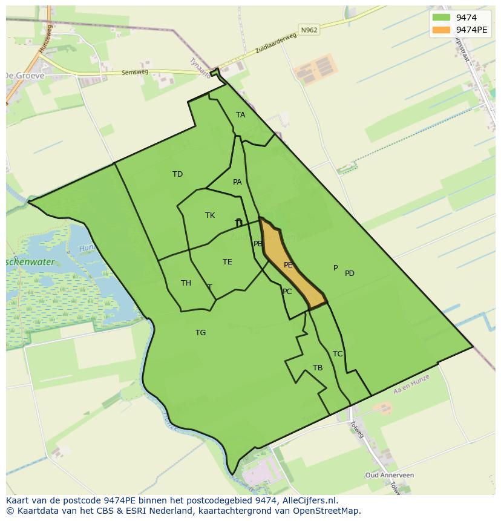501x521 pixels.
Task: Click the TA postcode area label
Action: (x=241, y=115)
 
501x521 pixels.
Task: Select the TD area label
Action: (x=177, y=174)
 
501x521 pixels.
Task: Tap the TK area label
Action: (x=210, y=215)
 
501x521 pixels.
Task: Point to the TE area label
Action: (x=227, y=262)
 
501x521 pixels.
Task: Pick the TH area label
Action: (x=186, y=283)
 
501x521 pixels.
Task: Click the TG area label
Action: (x=200, y=333)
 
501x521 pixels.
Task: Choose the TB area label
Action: (x=318, y=368)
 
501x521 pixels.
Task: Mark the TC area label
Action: (x=338, y=354)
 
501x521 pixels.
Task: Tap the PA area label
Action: (x=237, y=182)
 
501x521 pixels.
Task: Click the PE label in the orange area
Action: (x=288, y=265)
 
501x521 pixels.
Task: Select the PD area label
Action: (x=350, y=274)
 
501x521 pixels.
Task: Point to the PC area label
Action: (x=287, y=292)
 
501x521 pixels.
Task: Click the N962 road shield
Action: (x=309, y=29)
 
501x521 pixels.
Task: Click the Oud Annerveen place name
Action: (x=389, y=476)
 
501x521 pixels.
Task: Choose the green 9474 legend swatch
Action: (x=442, y=18)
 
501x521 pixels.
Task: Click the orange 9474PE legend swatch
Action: (x=442, y=30)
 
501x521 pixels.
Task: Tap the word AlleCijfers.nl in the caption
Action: (x=310, y=500)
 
